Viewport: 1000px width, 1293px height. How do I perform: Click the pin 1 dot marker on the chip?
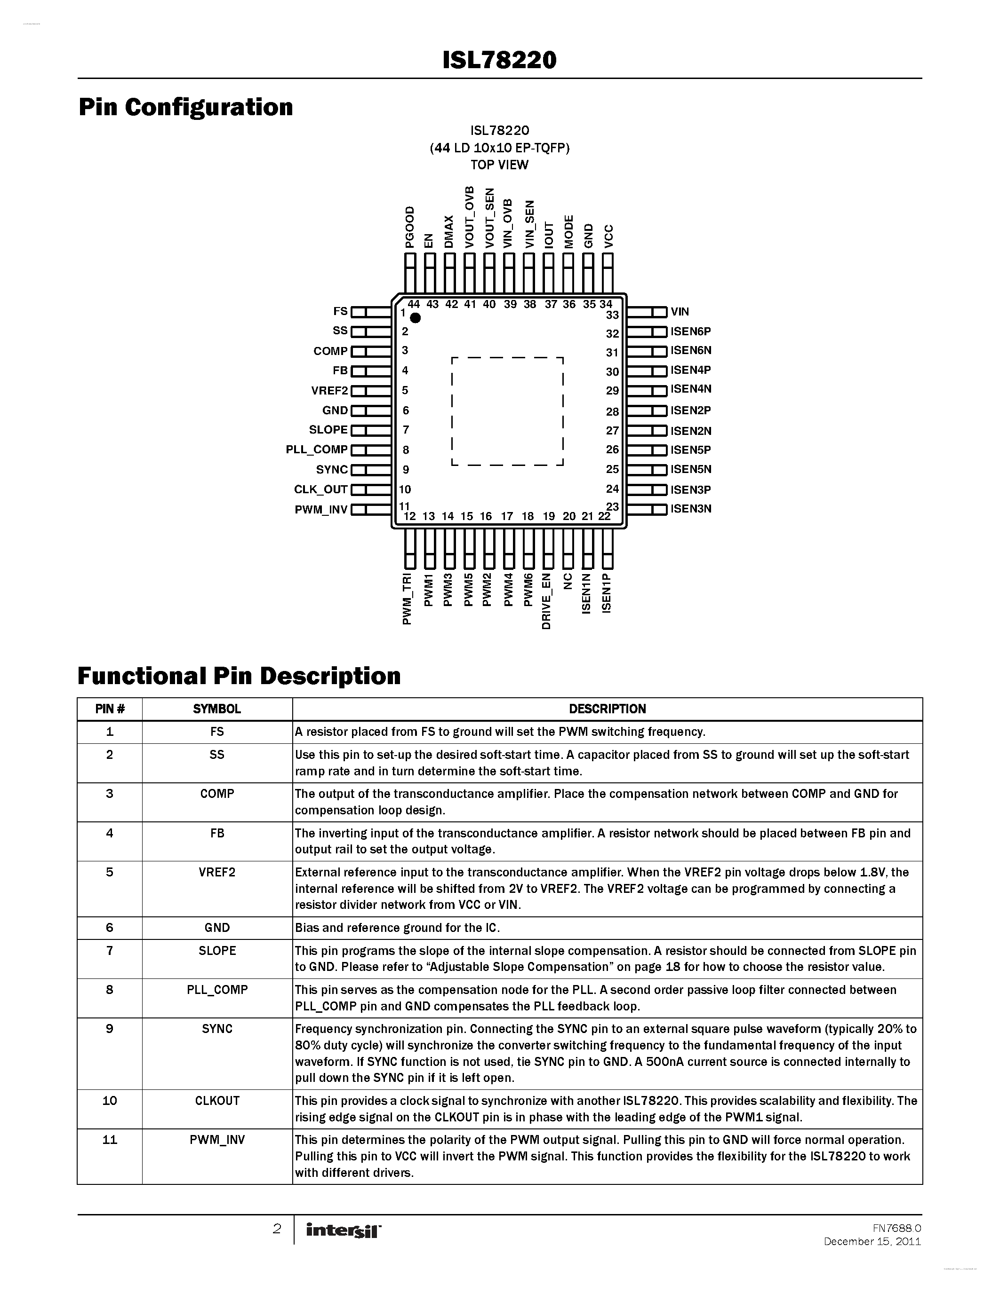coord(415,318)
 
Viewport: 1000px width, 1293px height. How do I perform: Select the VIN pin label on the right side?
coord(680,311)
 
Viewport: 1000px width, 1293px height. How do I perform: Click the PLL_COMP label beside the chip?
coord(316,449)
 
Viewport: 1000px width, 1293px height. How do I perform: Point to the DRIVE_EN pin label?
coord(547,601)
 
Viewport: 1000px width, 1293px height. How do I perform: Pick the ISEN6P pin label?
coord(690,331)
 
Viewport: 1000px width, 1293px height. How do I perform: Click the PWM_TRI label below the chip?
coord(407,599)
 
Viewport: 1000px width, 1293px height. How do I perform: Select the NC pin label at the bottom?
coord(568,581)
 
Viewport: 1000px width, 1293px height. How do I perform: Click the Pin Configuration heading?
coord(185,107)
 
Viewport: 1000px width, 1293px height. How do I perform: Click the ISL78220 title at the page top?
coord(499,60)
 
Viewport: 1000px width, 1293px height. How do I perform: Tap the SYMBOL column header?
coord(217,709)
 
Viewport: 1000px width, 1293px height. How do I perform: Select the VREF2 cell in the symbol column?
coord(217,872)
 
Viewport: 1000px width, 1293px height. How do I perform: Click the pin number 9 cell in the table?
coord(110,1028)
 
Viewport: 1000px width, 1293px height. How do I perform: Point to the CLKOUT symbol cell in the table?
coord(217,1101)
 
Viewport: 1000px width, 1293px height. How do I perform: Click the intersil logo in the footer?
coord(343,1231)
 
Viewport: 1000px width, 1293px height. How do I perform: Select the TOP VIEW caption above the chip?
coord(499,165)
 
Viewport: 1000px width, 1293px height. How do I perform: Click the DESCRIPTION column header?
coord(607,709)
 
